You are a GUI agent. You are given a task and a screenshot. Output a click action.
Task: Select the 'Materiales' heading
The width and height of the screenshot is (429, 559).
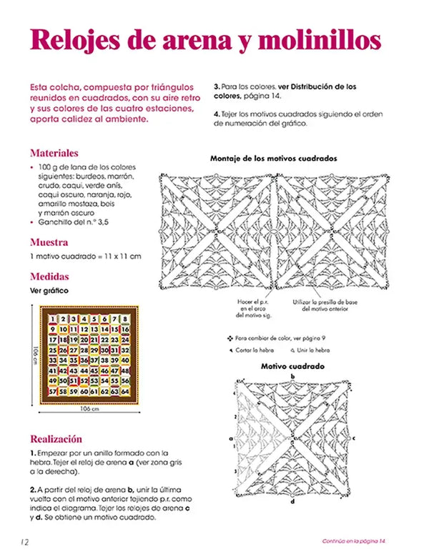point(54,153)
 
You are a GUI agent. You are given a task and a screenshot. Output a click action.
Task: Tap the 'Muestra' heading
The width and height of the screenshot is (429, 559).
point(49,242)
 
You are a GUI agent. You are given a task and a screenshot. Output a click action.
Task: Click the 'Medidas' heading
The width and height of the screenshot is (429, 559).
point(49,277)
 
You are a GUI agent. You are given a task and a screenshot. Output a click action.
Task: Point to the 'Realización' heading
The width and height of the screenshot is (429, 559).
point(56,438)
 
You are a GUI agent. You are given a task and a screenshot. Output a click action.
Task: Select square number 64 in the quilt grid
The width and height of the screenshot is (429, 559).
point(125,392)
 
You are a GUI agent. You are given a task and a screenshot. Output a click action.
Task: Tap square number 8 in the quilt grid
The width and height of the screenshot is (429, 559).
point(125,319)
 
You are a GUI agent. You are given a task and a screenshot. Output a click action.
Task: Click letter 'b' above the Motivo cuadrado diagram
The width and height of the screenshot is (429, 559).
point(292,375)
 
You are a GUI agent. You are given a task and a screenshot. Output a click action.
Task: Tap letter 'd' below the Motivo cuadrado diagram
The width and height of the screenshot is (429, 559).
point(292,501)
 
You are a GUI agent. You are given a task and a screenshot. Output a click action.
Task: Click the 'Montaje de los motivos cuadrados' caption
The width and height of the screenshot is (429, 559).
point(274,158)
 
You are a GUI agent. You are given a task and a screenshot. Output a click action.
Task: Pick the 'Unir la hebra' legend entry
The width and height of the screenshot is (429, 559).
point(310,350)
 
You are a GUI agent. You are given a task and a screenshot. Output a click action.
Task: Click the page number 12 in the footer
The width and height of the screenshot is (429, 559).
point(24,542)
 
